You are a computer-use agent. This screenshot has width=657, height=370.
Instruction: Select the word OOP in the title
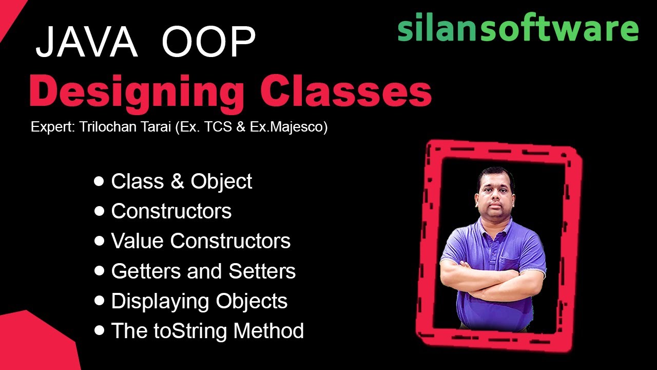tap(209, 42)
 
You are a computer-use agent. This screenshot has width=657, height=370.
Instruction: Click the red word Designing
tap(137, 92)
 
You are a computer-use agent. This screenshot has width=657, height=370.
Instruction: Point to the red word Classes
tap(345, 92)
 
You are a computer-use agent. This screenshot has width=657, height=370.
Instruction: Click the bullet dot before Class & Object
tap(99, 181)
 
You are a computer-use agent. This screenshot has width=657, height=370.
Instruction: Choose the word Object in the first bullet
tap(221, 181)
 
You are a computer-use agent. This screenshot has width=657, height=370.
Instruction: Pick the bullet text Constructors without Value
tap(171, 211)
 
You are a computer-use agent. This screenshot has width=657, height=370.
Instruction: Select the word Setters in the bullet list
tap(262, 271)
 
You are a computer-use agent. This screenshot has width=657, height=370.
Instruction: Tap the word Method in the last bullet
tap(268, 331)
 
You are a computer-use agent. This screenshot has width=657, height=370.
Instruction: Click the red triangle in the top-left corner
tap(8, 13)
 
